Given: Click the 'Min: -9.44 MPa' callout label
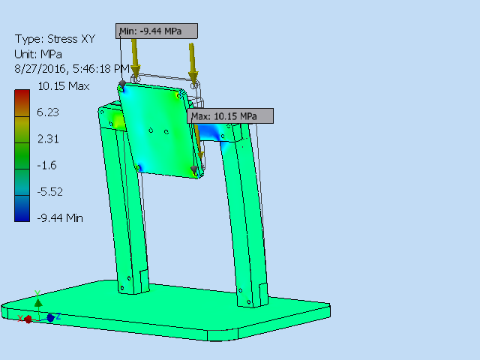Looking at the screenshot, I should (158, 31).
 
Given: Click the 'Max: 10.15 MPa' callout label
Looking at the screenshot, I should (229, 116).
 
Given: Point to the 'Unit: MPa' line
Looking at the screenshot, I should (39, 54).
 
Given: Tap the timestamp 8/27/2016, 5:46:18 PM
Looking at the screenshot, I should (72, 68).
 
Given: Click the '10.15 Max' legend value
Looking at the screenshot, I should (64, 86).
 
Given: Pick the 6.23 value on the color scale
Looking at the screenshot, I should (49, 112).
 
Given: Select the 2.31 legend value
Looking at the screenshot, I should (49, 139).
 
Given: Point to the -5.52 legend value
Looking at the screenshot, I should (51, 191).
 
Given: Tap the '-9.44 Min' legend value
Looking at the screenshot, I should (61, 217).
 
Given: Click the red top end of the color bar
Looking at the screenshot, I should (22, 95).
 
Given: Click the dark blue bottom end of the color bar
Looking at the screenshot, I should (22, 216).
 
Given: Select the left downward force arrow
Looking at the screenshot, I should (135, 56).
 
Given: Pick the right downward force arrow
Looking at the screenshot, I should (193, 61).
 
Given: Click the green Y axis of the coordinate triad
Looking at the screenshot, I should (38, 301).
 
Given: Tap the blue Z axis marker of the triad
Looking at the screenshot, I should (51, 318).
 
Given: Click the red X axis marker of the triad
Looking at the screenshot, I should (28, 319).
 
